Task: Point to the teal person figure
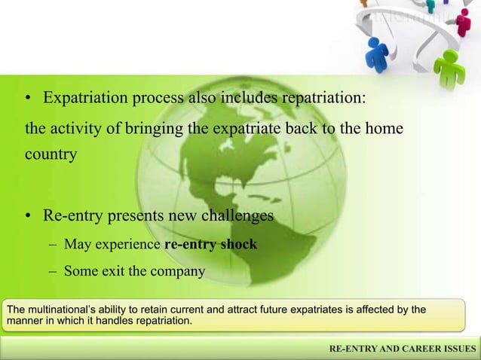click(x=430, y=6)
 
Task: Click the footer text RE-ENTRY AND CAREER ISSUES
click(x=403, y=349)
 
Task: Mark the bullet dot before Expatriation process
click(x=28, y=99)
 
